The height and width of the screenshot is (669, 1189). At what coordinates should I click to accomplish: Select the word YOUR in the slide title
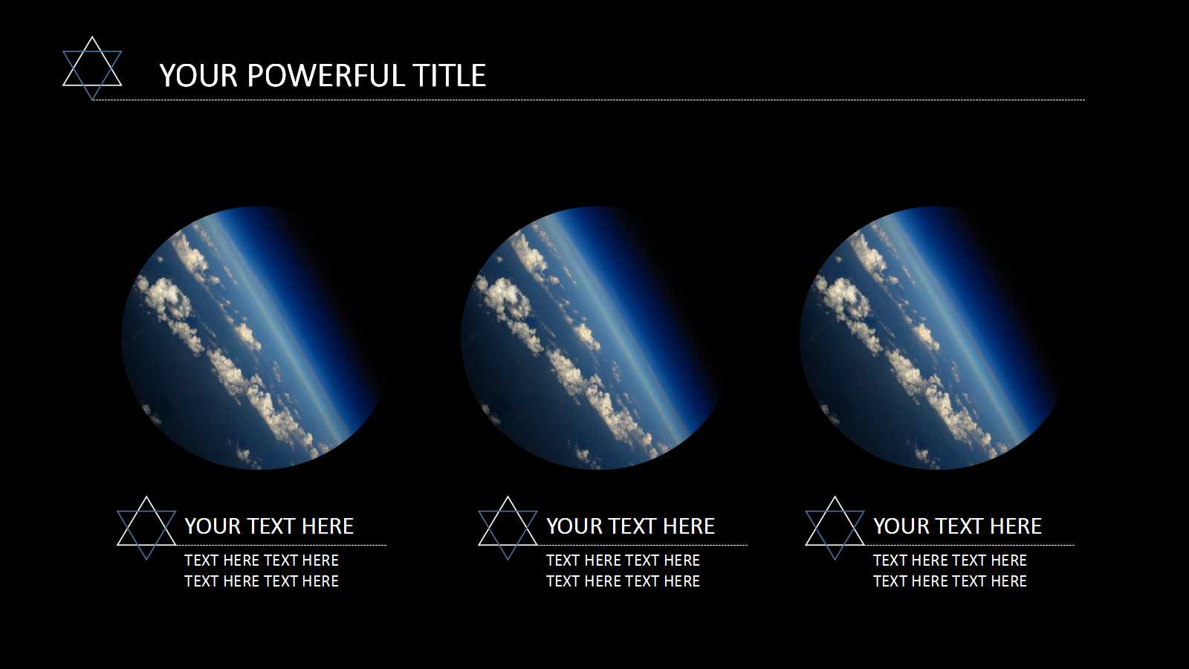pyautogui.click(x=198, y=75)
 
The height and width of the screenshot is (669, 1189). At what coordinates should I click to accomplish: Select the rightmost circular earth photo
pyautogui.click(x=929, y=338)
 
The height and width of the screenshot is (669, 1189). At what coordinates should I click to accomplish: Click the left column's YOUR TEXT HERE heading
pyautogui.click(x=269, y=526)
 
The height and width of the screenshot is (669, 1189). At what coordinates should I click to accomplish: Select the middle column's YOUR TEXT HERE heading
pyautogui.click(x=631, y=526)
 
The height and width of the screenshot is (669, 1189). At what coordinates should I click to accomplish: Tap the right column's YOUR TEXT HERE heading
pyautogui.click(x=958, y=526)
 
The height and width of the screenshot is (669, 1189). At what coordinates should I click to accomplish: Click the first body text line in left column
pyautogui.click(x=262, y=560)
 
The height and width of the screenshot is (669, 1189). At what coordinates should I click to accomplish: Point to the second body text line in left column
pyautogui.click(x=262, y=581)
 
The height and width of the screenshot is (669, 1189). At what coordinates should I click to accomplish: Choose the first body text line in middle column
pyautogui.click(x=623, y=560)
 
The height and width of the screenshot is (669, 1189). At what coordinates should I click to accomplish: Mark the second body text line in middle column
pyautogui.click(x=623, y=581)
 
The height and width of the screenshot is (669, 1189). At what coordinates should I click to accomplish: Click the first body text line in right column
pyautogui.click(x=950, y=560)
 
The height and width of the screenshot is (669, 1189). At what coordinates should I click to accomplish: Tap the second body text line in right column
pyautogui.click(x=950, y=581)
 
